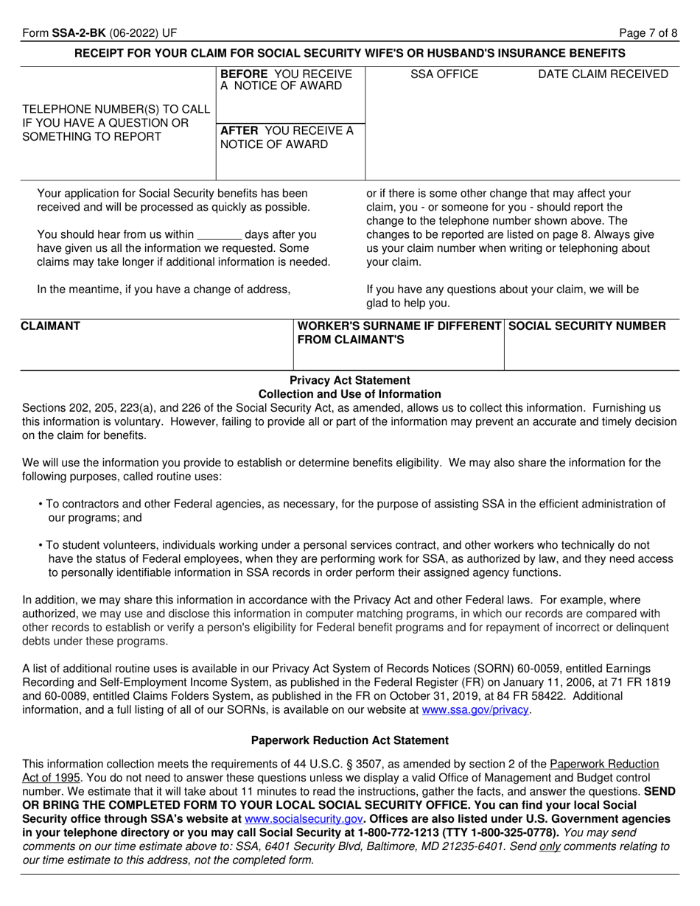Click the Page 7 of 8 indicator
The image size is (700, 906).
(x=648, y=33)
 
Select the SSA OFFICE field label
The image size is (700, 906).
(x=444, y=74)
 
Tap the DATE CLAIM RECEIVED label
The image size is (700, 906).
(x=603, y=74)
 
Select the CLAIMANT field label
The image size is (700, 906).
(x=51, y=326)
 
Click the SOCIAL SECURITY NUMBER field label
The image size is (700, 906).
(x=587, y=326)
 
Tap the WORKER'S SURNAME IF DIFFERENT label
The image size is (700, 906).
(x=399, y=326)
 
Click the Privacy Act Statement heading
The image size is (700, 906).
(x=350, y=380)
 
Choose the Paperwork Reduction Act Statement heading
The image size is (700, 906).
(x=350, y=740)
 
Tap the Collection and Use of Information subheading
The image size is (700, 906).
(x=350, y=394)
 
